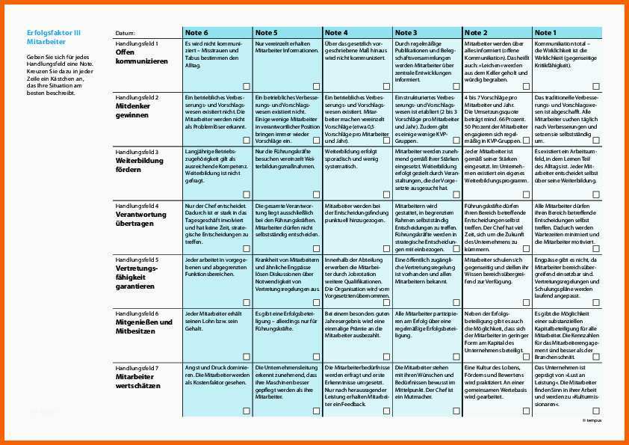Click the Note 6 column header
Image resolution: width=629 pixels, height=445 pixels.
click(x=197, y=33)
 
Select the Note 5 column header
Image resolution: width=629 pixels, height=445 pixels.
click(x=266, y=33)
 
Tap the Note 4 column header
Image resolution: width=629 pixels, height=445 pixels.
click(x=336, y=33)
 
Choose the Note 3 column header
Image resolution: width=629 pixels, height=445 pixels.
click(x=406, y=33)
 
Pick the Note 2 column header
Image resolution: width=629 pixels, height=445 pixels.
click(x=476, y=33)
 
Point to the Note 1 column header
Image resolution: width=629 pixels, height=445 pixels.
click(x=545, y=33)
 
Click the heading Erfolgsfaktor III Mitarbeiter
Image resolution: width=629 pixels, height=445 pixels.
click(x=53, y=37)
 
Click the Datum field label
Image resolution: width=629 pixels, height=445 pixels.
click(x=126, y=34)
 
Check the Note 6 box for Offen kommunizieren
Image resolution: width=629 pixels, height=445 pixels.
click(x=247, y=86)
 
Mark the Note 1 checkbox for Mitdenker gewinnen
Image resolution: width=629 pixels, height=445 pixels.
click(x=596, y=140)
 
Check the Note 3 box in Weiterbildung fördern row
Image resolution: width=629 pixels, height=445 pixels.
click(x=456, y=194)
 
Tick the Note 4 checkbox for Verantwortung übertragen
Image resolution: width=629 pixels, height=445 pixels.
click(x=386, y=248)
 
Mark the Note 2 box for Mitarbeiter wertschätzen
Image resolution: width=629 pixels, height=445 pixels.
click(x=526, y=410)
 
